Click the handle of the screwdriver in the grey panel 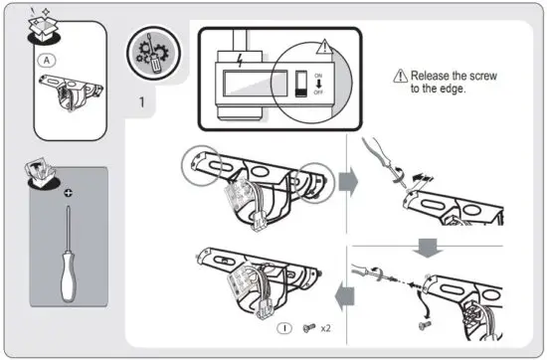pos(66,279)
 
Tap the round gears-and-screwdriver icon pos(146,54)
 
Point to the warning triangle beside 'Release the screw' pos(402,76)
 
